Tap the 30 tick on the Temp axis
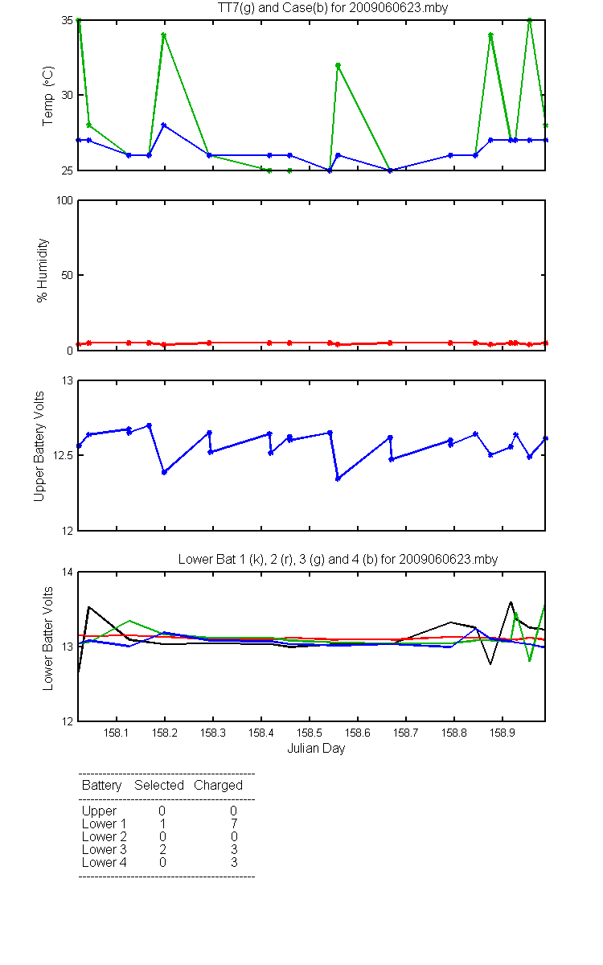point(68,95)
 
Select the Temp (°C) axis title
point(47,96)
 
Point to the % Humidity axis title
point(42,270)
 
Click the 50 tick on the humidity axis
point(68,275)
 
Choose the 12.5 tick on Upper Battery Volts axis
point(63,455)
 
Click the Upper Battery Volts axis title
point(39,446)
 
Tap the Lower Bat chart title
point(338,559)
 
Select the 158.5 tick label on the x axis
point(310,733)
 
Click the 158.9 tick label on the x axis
point(503,733)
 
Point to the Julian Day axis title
point(316,749)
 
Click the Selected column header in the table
point(159,785)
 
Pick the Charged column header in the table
point(219,786)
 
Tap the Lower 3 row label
point(105,849)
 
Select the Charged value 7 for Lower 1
point(234,823)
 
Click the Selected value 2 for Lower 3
point(162,849)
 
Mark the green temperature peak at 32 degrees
point(338,66)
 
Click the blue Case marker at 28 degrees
point(164,125)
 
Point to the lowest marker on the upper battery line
point(338,478)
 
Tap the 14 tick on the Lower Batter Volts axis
point(68,573)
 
